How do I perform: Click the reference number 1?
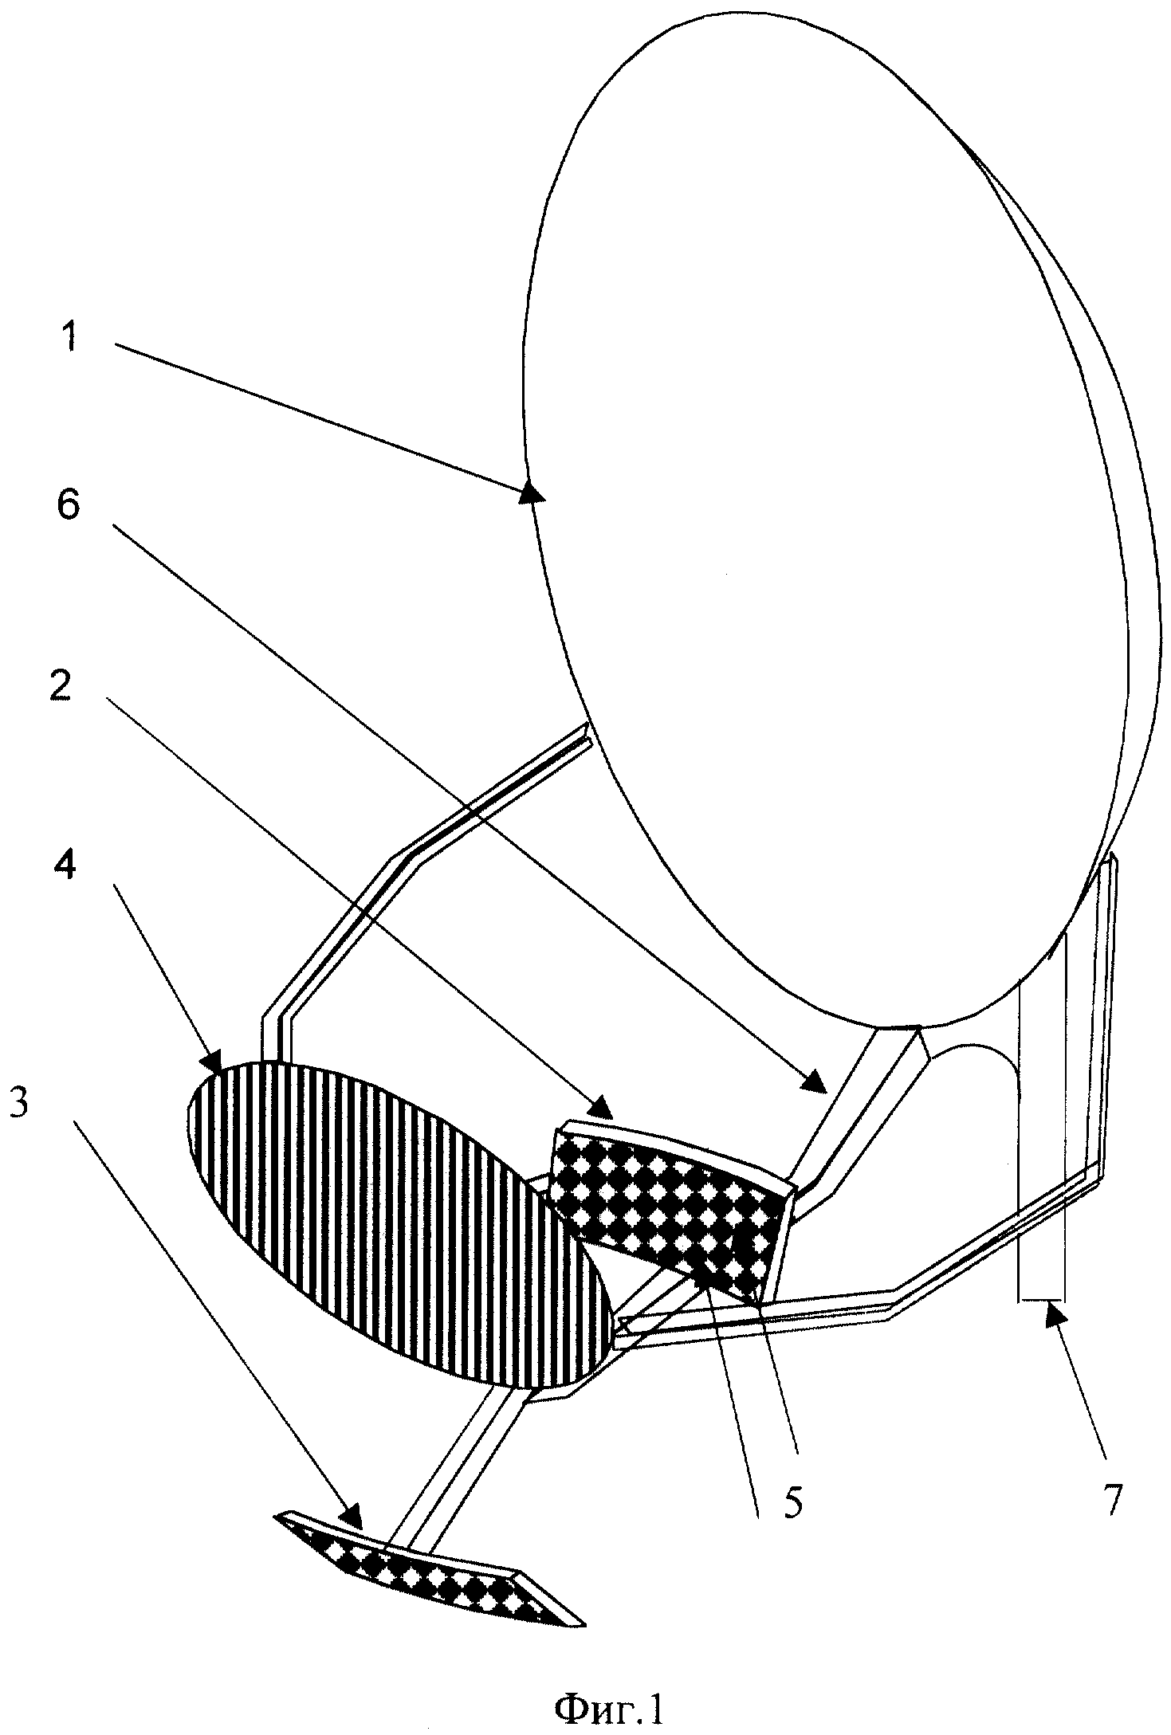click(x=70, y=337)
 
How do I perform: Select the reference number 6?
click(x=69, y=504)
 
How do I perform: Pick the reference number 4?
click(x=65, y=862)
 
